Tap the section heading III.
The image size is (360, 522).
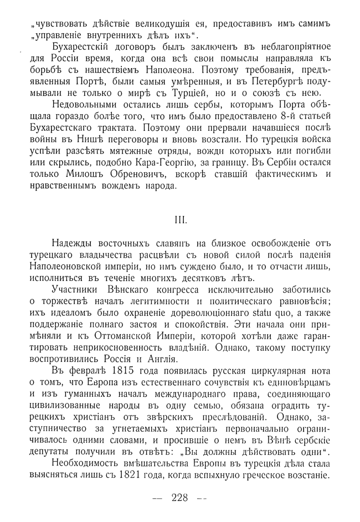tap(181, 219)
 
